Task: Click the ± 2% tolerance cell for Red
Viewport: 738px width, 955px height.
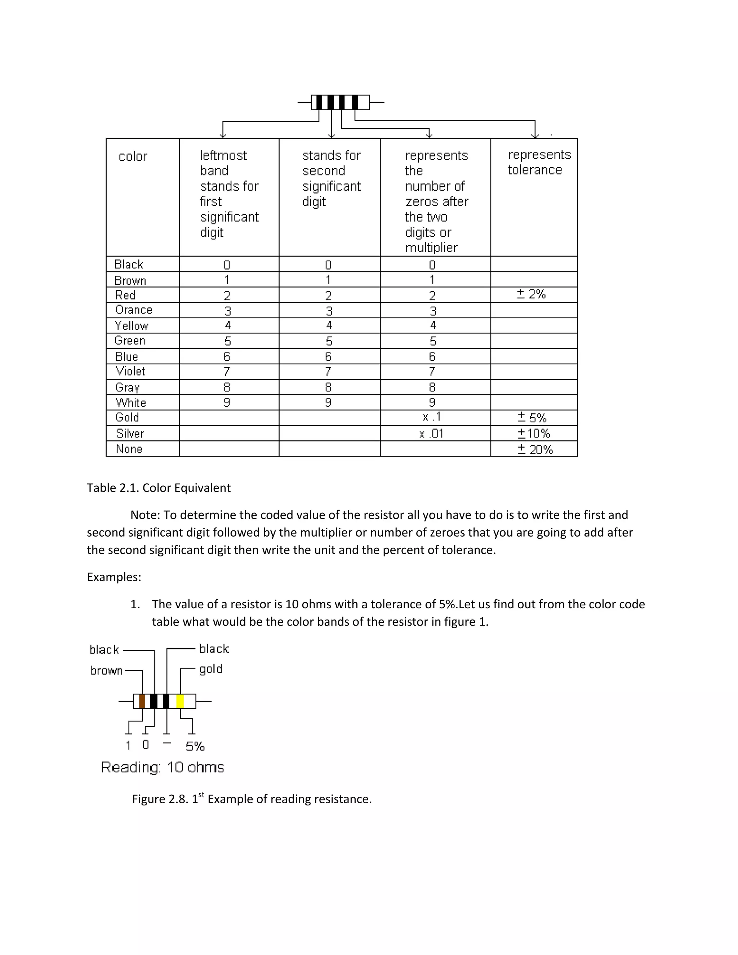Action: pyautogui.click(x=531, y=294)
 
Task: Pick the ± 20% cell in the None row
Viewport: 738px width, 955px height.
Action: pyautogui.click(x=535, y=449)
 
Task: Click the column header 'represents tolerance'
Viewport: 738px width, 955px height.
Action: pyautogui.click(x=539, y=162)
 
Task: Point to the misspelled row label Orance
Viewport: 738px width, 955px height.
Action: pyautogui.click(x=133, y=310)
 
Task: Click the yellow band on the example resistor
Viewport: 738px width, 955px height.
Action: pyautogui.click(x=180, y=701)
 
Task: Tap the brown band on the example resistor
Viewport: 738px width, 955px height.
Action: pyautogui.click(x=142, y=701)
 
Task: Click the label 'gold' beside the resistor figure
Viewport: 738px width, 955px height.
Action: pyautogui.click(x=211, y=669)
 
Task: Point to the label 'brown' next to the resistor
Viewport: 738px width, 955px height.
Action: pyautogui.click(x=106, y=670)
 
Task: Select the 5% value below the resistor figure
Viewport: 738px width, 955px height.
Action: pyautogui.click(x=195, y=746)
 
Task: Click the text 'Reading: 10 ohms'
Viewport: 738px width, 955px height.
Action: pyautogui.click(x=162, y=767)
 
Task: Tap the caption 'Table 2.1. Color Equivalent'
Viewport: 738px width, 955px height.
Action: pyautogui.click(x=158, y=488)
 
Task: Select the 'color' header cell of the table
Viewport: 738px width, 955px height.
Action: pyautogui.click(x=133, y=156)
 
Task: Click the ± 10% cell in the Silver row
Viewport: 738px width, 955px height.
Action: pyautogui.click(x=534, y=433)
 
